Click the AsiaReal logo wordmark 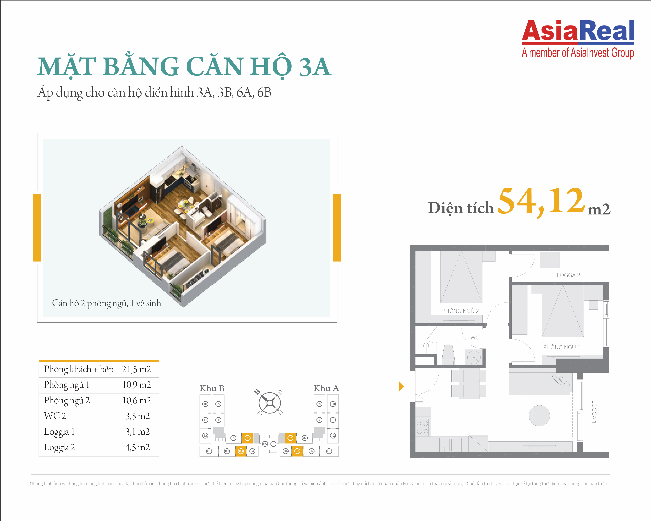pos(578,31)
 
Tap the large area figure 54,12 pos(541,202)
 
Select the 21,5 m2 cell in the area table pos(136,369)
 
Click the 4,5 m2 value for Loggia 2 pos(137,447)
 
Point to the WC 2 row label pos(55,416)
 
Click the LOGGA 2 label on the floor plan pos(568,275)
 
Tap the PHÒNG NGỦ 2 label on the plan pos(460,311)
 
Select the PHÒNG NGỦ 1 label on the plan pos(562,347)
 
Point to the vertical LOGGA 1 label pos(594,412)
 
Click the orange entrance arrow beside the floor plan pos(402,386)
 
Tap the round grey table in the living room pos(539,416)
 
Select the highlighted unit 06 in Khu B pos(248,438)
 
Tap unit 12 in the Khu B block pos(205,436)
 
